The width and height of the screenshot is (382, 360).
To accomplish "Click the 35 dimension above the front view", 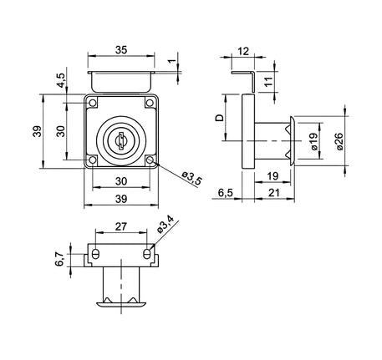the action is [121, 50].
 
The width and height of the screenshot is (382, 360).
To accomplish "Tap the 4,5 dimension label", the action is [61, 80].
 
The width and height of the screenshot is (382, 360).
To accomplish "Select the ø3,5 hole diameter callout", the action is [191, 179].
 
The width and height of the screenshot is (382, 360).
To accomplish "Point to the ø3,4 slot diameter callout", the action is [165, 224].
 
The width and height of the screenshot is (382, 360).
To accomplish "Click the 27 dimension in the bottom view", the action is [121, 226].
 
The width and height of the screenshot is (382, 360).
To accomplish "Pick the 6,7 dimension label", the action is [60, 259].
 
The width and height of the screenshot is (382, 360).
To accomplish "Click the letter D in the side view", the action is [220, 118].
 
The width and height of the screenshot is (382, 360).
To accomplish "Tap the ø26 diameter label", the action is [339, 141].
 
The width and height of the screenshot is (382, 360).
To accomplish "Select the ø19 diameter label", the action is [314, 141].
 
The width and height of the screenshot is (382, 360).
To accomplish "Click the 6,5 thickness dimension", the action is [225, 193].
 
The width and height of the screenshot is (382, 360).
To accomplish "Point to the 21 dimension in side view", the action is [273, 193].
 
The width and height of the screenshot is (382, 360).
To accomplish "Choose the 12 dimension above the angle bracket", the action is [243, 51].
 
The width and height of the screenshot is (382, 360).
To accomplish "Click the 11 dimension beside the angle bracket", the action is [269, 82].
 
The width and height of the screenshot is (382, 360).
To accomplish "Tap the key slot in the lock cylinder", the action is [121, 140].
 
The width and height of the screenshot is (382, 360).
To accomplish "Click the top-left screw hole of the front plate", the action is [92, 103].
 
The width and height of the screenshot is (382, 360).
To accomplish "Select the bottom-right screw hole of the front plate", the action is [150, 160].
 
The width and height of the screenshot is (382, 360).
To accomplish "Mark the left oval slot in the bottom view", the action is [95, 254].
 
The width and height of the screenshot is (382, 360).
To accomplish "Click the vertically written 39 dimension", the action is [38, 131].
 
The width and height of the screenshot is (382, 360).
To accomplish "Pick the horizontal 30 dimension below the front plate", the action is [121, 181].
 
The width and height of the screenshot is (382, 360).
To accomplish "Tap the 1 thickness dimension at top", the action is [173, 61].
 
